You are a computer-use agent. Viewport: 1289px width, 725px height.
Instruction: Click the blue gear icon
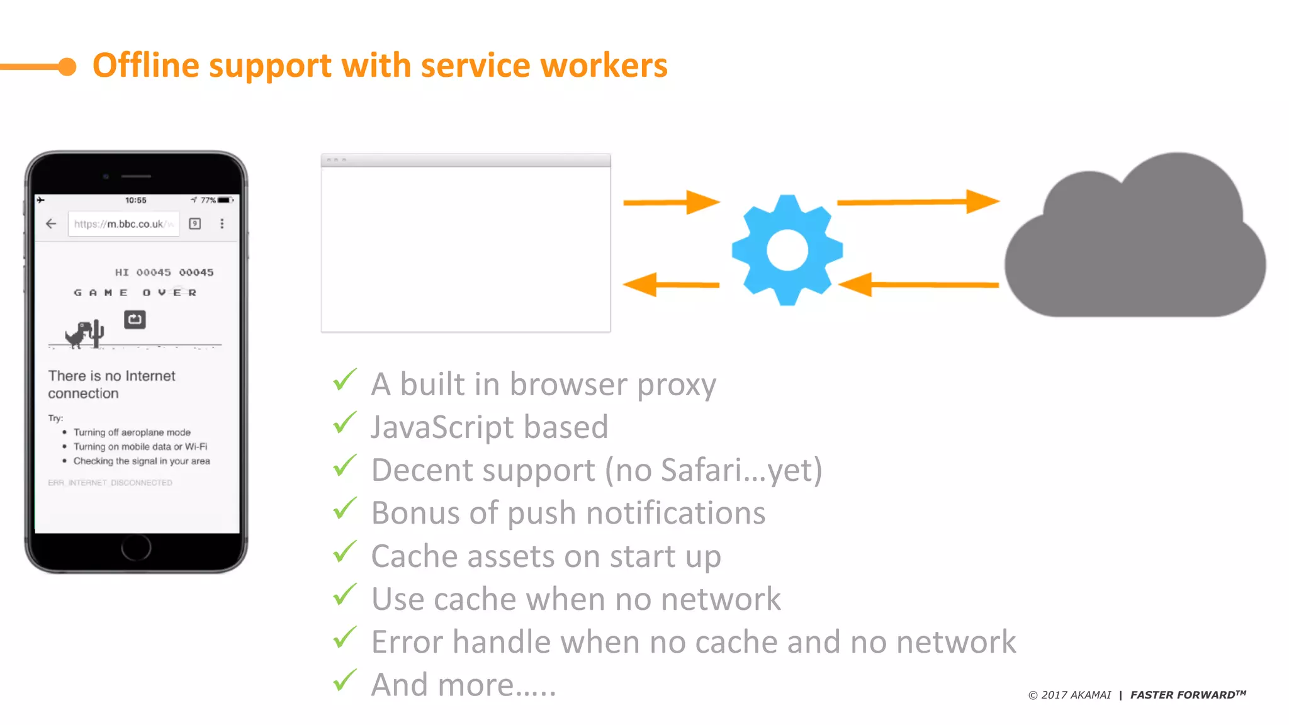click(787, 250)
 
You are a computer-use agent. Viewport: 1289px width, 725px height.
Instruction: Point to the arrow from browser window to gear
click(671, 202)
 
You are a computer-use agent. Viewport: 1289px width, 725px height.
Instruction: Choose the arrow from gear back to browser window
click(671, 284)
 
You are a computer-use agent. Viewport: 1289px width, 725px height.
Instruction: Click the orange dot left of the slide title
click(67, 66)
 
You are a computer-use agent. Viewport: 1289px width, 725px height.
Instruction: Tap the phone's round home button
click(136, 547)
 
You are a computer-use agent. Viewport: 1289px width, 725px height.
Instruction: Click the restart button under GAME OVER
click(135, 320)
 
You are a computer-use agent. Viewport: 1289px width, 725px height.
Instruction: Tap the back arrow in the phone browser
click(51, 223)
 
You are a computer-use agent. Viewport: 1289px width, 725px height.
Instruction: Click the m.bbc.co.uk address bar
click(123, 224)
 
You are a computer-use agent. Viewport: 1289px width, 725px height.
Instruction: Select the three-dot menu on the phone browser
click(222, 223)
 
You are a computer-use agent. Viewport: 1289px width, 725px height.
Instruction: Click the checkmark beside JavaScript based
click(345, 423)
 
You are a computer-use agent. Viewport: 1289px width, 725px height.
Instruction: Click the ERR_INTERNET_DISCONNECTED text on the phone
click(110, 483)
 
